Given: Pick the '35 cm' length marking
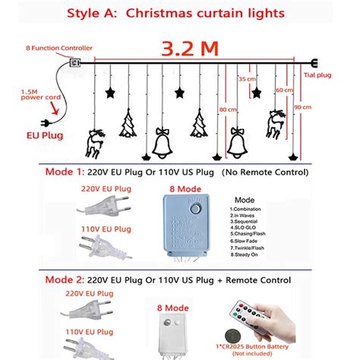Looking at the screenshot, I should click(x=247, y=79).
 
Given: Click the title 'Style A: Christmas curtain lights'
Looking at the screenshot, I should click(x=180, y=13).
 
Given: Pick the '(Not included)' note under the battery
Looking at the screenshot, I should click(x=277, y=353).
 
